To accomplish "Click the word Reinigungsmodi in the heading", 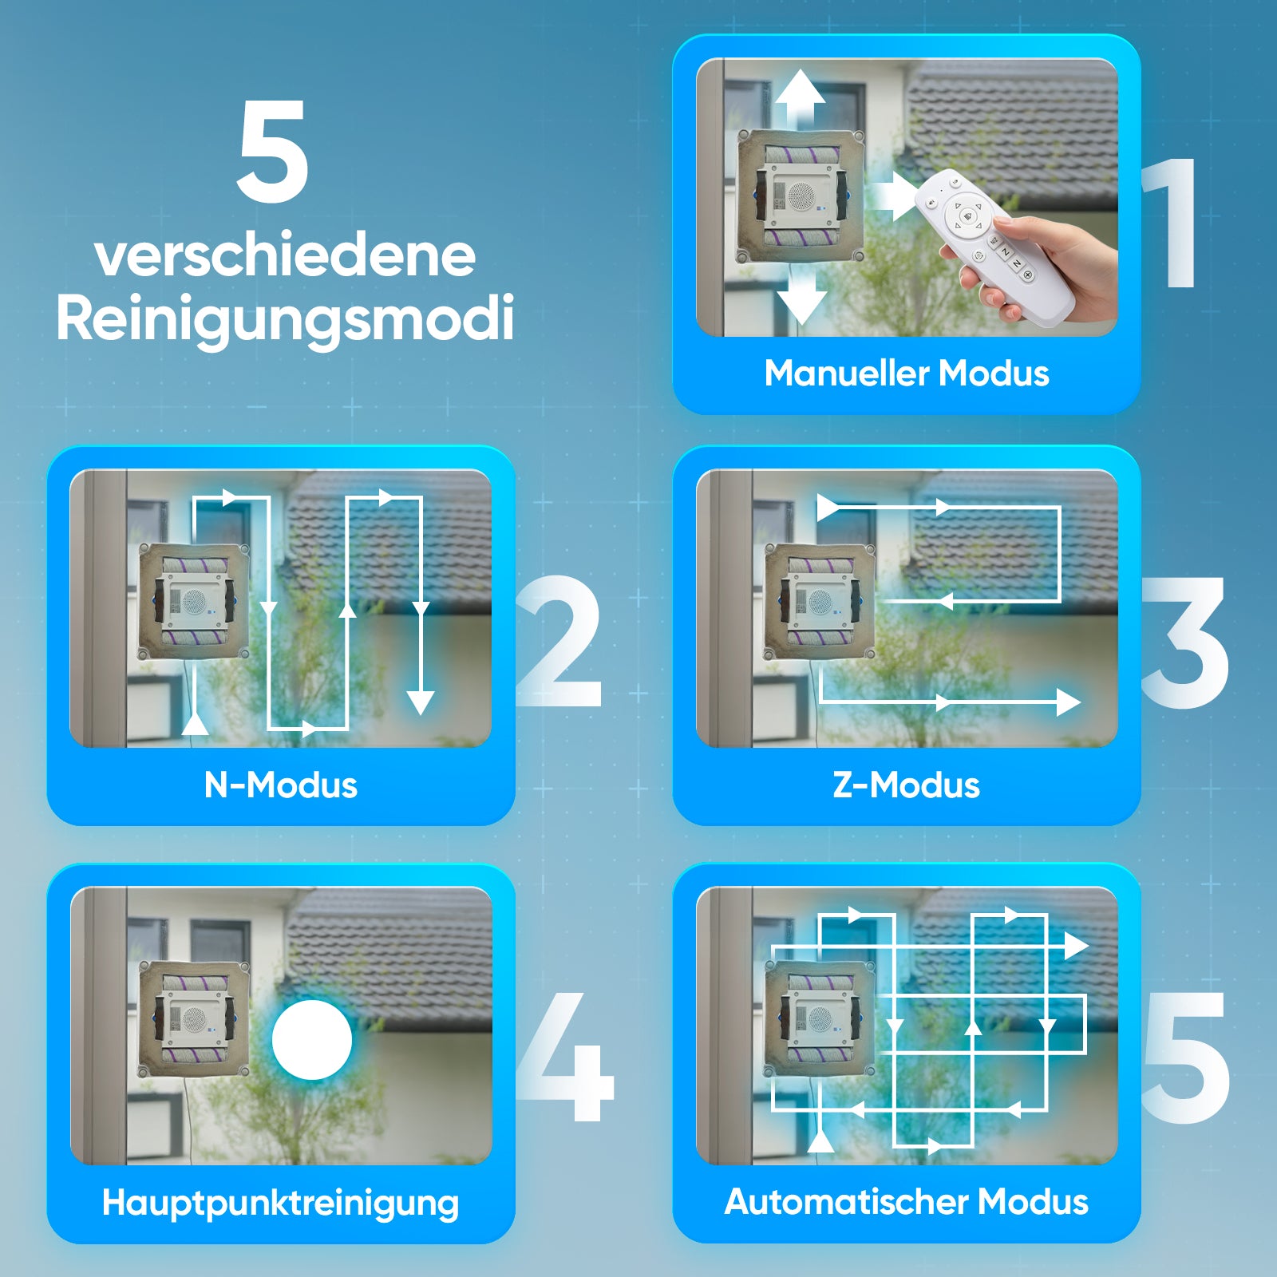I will pyautogui.click(x=285, y=318).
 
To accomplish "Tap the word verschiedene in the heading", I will pyautogui.click(x=285, y=256).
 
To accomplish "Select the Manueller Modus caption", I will pyautogui.click(x=906, y=374).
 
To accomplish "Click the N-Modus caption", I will pyautogui.click(x=280, y=785).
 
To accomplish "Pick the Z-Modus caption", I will pyautogui.click(x=906, y=785).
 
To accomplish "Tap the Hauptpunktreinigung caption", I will pyautogui.click(x=280, y=1204).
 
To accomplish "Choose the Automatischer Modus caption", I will pyautogui.click(x=906, y=1202).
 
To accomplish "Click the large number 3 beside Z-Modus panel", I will pyautogui.click(x=1184, y=642).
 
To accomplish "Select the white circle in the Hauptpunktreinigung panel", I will pyautogui.click(x=311, y=1040).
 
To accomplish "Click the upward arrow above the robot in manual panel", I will pyautogui.click(x=801, y=96).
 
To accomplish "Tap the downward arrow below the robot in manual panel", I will pyautogui.click(x=801, y=299).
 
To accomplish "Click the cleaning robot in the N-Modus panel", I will pyautogui.click(x=194, y=601).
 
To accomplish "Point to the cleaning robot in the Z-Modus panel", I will pyautogui.click(x=820, y=601).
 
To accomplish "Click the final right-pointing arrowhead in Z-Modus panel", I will pyautogui.click(x=1068, y=702).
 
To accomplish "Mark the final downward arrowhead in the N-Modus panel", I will pyautogui.click(x=420, y=702).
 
